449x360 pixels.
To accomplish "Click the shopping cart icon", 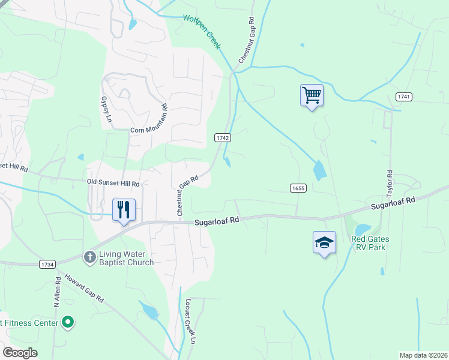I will [x=312, y=95].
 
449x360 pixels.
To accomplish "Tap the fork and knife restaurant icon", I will [x=124, y=210].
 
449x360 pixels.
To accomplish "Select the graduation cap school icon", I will [x=324, y=243].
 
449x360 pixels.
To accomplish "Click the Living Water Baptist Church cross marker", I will [x=89, y=257].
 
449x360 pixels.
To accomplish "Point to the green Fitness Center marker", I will [x=68, y=323].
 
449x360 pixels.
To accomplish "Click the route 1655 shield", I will [x=298, y=188].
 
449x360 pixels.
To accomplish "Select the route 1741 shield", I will [x=403, y=97].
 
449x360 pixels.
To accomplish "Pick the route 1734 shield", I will [x=47, y=264].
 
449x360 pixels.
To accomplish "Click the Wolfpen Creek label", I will [x=201, y=32].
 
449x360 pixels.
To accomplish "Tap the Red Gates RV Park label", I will [x=370, y=243].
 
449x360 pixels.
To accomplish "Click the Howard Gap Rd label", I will [x=85, y=289].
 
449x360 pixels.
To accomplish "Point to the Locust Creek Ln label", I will [x=190, y=321].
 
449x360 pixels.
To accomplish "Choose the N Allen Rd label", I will [x=58, y=293].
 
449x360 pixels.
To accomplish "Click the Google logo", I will [x=20, y=353].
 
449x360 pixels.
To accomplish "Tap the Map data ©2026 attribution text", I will [x=423, y=355].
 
